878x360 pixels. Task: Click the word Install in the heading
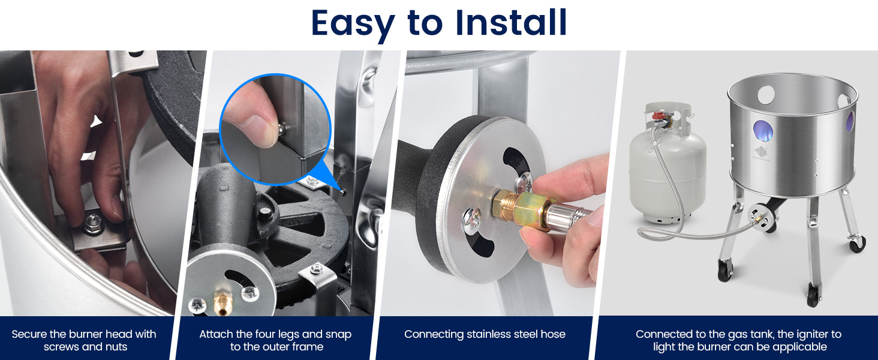coord(511,22)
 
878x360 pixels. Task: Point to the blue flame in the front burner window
coord(763,131)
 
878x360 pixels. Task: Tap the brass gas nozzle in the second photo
coord(222,304)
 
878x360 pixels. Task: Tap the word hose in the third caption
coord(553,334)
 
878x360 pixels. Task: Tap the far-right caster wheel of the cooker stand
coord(857,244)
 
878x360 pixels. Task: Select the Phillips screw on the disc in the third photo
coord(471,220)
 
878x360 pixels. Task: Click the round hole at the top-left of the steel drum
coord(766,95)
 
